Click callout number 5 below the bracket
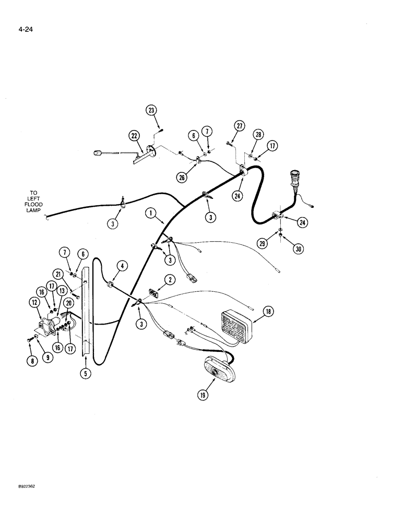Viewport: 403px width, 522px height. coord(85,374)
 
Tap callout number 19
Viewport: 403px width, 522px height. coord(203,395)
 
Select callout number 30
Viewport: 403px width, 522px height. coord(298,250)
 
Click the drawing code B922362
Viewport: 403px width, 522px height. coord(17,485)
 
